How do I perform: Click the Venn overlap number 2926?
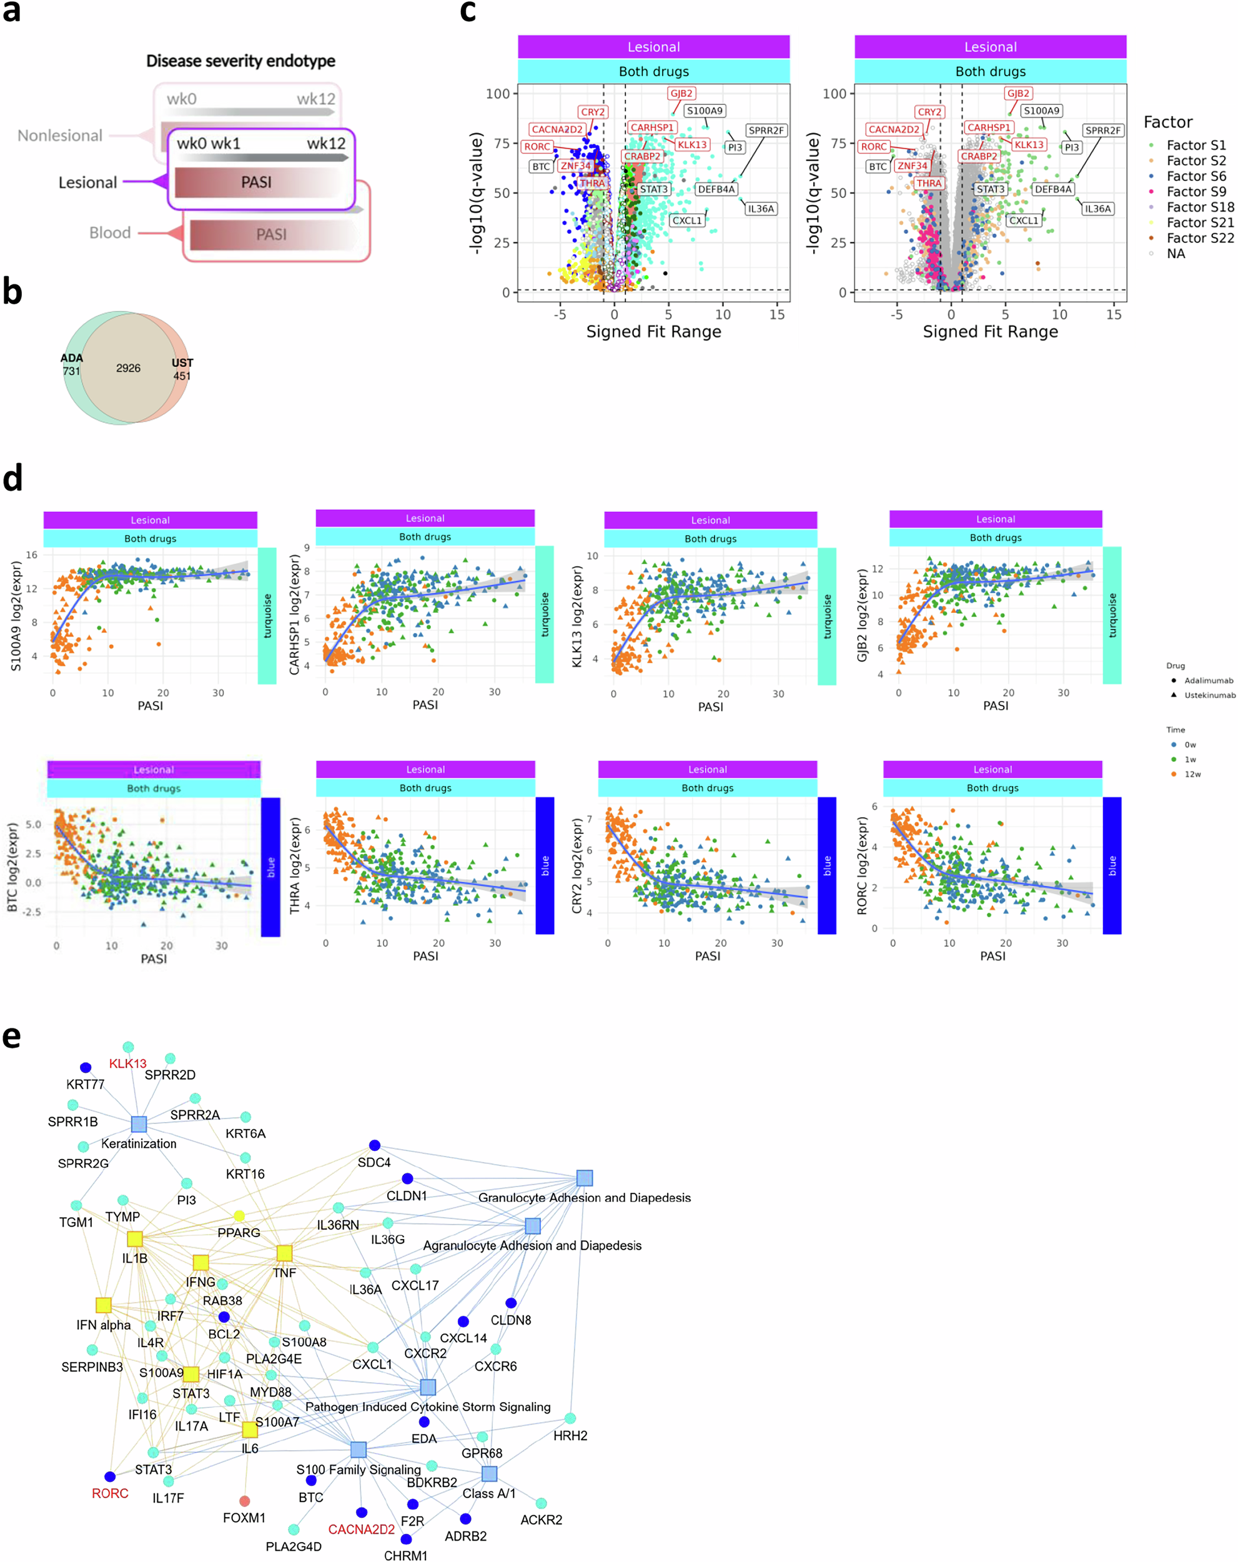pos(128,368)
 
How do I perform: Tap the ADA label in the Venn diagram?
pos(71,358)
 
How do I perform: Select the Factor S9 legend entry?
pos(1196,191)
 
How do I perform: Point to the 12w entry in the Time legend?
pos(1192,774)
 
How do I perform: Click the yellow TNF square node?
pos(284,1253)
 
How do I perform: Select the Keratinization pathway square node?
pos(139,1123)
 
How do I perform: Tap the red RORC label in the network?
pos(110,1493)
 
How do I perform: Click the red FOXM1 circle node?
pos(245,1500)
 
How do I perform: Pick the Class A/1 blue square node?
pos(489,1474)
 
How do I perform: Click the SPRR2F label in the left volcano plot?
pos(766,131)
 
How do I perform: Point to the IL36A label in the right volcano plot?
pos(1097,209)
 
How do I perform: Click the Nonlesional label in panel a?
pos(60,136)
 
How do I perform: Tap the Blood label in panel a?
pos(110,232)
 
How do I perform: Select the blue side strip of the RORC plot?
pos(1111,865)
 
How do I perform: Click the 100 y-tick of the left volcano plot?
pos(498,94)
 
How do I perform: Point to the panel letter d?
pos(12,478)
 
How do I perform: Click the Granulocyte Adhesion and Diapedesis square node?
pos(585,1178)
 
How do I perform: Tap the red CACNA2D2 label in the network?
pos(361,1530)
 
